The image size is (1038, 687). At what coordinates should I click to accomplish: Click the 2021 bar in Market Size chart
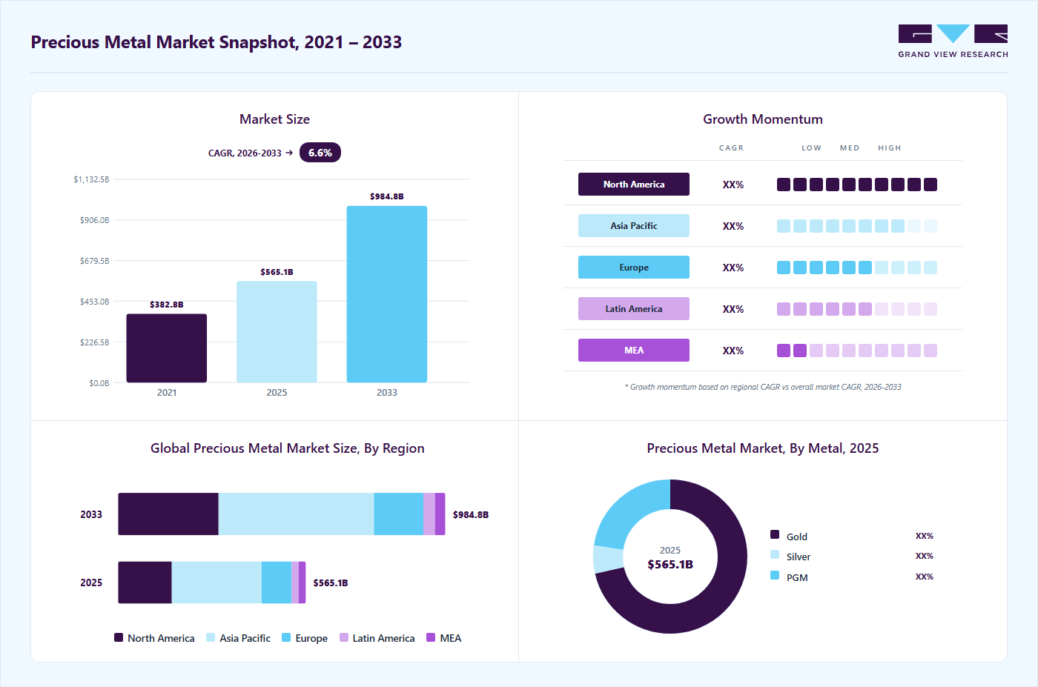click(x=166, y=348)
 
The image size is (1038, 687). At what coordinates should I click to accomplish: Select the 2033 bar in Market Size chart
click(x=387, y=294)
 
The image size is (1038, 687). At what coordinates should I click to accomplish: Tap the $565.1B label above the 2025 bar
click(x=277, y=272)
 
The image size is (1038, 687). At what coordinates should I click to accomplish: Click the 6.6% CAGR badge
click(x=320, y=153)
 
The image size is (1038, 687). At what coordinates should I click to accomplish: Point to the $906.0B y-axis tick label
click(x=95, y=220)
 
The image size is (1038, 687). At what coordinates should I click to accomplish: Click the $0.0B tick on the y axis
click(x=99, y=383)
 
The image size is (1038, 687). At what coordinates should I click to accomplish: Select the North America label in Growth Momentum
click(x=633, y=185)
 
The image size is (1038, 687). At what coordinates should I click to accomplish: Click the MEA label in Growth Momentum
click(x=633, y=351)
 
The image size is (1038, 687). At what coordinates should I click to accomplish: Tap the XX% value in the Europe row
click(x=733, y=268)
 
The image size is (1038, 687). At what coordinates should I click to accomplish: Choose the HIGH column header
click(x=889, y=147)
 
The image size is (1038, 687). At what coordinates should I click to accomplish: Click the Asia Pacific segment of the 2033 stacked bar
click(x=296, y=514)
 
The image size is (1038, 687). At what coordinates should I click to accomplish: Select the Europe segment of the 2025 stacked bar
click(x=277, y=583)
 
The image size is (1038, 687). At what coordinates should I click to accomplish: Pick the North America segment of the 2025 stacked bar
click(x=145, y=583)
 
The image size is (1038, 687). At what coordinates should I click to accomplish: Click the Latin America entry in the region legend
click(x=377, y=638)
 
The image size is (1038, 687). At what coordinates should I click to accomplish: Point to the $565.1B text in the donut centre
click(x=670, y=564)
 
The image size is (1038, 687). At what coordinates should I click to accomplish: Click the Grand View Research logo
click(x=953, y=42)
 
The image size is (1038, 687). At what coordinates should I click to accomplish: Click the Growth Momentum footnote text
click(x=763, y=387)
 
